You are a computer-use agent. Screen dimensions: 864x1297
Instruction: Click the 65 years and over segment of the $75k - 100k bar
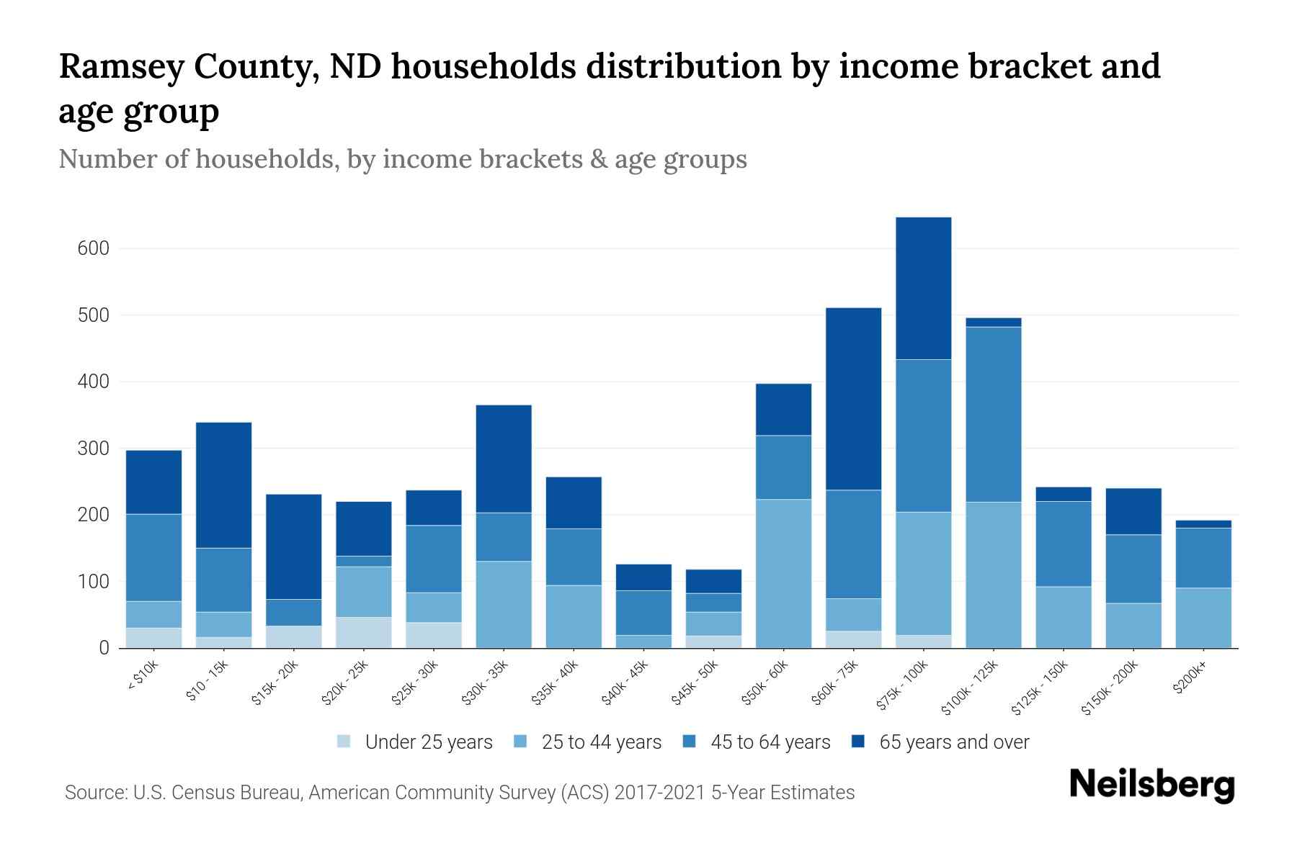coord(923,288)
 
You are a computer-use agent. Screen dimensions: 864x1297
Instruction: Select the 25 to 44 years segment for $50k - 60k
coord(783,573)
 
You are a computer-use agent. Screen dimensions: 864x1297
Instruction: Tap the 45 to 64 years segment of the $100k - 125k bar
coord(993,414)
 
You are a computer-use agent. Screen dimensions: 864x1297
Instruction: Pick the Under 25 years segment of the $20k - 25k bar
coord(363,632)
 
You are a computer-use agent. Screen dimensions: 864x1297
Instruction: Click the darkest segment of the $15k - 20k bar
coord(293,546)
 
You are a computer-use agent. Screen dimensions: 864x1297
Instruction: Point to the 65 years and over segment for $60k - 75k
coord(853,399)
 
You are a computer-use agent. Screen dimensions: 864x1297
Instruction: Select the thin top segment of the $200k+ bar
coord(1203,524)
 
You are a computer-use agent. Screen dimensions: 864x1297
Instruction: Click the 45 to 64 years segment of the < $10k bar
coord(153,557)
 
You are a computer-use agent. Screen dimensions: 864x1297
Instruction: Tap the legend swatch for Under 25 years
coord(344,742)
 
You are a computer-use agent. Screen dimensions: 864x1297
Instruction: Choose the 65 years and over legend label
coord(954,742)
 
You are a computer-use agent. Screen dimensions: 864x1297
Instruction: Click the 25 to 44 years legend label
coord(601,742)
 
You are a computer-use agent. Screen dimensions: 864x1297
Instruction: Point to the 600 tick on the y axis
coord(93,248)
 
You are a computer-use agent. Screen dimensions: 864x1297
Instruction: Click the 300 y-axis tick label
coord(93,449)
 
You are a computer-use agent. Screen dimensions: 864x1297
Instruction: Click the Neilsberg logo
coord(1151,785)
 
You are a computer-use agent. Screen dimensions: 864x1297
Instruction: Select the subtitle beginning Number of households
coord(402,159)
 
